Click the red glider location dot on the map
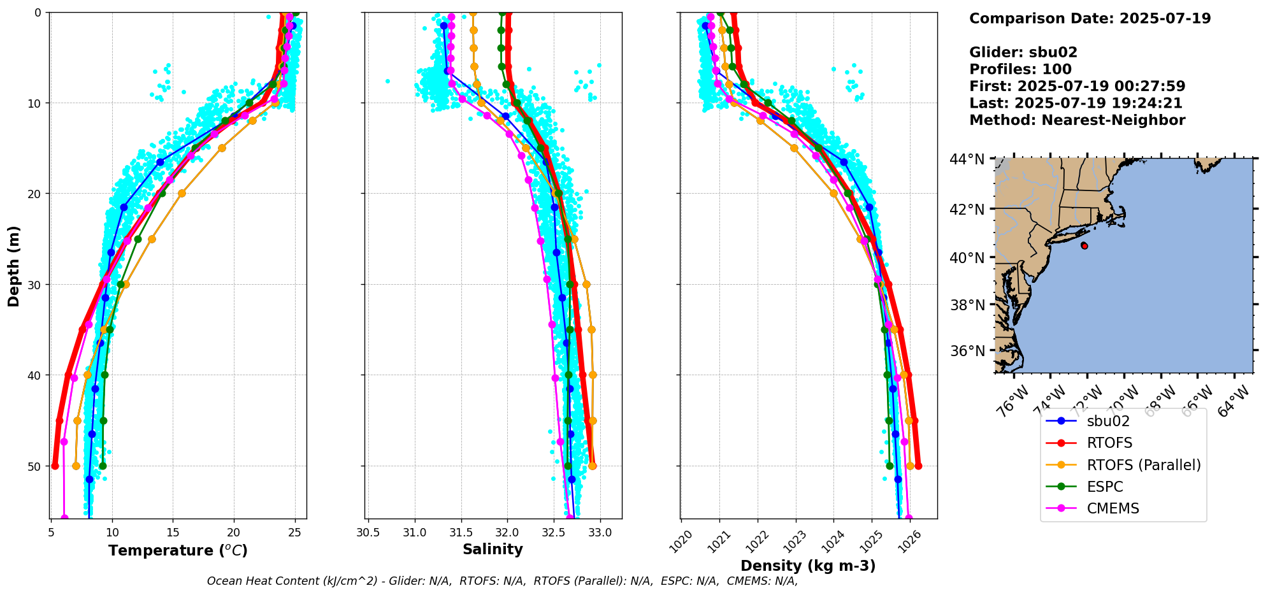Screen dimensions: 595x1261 pyautogui.click(x=1084, y=245)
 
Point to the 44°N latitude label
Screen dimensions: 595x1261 pyautogui.click(x=967, y=159)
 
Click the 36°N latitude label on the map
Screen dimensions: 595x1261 pyautogui.click(x=967, y=351)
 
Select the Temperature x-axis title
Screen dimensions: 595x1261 pyautogui.click(x=178, y=550)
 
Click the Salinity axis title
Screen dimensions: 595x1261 pyautogui.click(x=493, y=549)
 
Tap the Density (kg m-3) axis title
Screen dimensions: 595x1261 pyautogui.click(x=808, y=566)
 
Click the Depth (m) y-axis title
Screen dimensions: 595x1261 pyautogui.click(x=13, y=266)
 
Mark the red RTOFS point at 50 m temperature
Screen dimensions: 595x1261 pyautogui.click(x=55, y=466)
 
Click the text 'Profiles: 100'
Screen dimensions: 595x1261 pyautogui.click(x=1020, y=69)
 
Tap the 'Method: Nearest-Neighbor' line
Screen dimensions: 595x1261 pyautogui.click(x=1077, y=120)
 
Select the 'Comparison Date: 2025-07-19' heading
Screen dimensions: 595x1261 pyautogui.click(x=1090, y=18)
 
